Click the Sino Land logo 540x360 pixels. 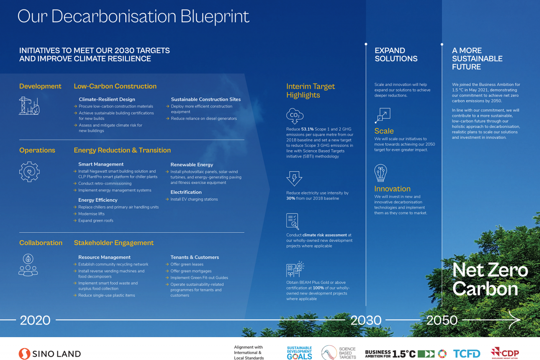(x=50, y=354)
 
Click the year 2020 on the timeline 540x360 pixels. (x=35, y=320)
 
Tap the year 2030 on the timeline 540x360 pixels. (x=366, y=320)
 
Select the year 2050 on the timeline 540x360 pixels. (x=442, y=320)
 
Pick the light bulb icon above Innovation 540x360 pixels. (x=381, y=174)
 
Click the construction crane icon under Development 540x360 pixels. (x=30, y=105)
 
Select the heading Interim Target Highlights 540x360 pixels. (x=310, y=91)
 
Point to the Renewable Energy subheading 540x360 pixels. (x=192, y=165)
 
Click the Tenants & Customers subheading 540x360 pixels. (x=195, y=257)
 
